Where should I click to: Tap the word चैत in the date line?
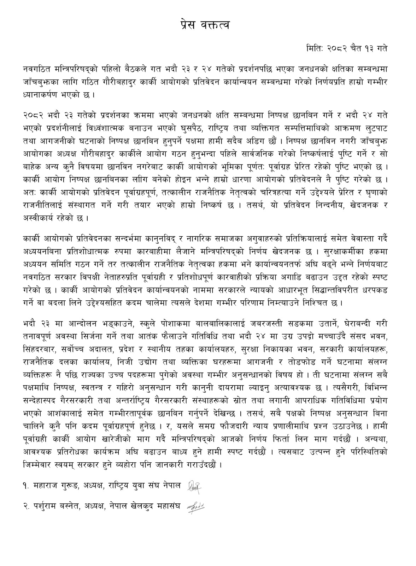click(351, 48)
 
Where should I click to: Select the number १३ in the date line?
click(367, 48)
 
